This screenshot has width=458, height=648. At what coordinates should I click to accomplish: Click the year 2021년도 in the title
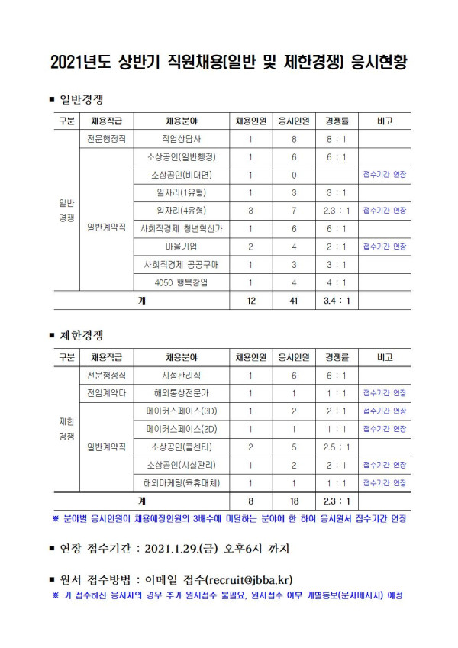79,63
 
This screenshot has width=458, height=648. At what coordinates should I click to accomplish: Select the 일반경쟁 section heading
82,99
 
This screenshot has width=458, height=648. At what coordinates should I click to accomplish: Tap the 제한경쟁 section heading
82,335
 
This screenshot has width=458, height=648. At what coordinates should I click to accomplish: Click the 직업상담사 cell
184,139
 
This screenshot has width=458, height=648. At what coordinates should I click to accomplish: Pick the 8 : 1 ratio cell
337,139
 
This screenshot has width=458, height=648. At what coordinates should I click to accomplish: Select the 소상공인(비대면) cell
184,175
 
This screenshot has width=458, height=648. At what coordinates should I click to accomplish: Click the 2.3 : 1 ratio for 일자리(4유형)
337,211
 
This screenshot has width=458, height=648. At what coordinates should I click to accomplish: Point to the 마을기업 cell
184,247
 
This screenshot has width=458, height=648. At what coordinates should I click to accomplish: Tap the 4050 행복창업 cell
184,282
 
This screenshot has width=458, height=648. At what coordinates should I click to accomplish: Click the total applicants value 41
294,301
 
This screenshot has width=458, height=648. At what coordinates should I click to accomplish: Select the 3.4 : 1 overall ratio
337,301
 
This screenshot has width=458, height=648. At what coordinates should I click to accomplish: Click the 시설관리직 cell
184,376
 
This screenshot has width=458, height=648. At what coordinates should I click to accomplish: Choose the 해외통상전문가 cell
184,393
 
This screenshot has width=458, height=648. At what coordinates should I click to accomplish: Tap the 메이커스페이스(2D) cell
184,429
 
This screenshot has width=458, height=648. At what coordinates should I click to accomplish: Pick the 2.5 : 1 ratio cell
337,447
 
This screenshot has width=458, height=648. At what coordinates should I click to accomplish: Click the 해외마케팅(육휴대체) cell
184,482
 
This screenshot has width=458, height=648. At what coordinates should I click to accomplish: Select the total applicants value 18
294,501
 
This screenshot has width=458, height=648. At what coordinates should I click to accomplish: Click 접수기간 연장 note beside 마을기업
384,247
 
